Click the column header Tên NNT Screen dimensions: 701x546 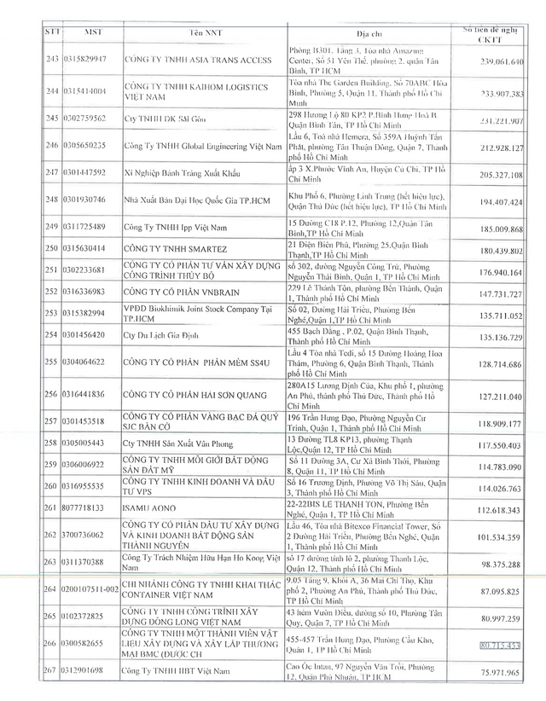pos(201,32)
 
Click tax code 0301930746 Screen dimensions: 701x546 pos(84,200)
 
